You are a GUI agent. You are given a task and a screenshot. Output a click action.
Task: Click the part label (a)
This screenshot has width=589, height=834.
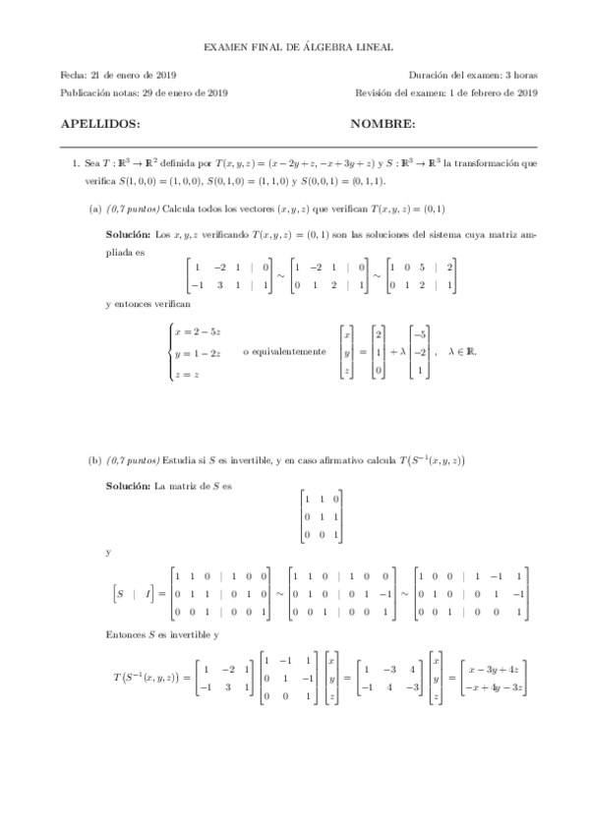95,208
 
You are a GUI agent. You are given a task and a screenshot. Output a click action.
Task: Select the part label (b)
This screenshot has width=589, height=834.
95,459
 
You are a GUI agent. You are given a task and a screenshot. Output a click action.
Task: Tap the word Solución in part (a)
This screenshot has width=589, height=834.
129,235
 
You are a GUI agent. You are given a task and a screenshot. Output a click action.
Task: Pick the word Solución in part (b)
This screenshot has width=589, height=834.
129,487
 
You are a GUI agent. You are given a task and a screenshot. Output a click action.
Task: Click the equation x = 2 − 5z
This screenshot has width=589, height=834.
198,331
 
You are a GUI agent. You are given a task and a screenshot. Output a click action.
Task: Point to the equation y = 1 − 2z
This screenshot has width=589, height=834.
198,352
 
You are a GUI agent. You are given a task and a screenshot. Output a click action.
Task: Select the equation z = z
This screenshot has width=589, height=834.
189,373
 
